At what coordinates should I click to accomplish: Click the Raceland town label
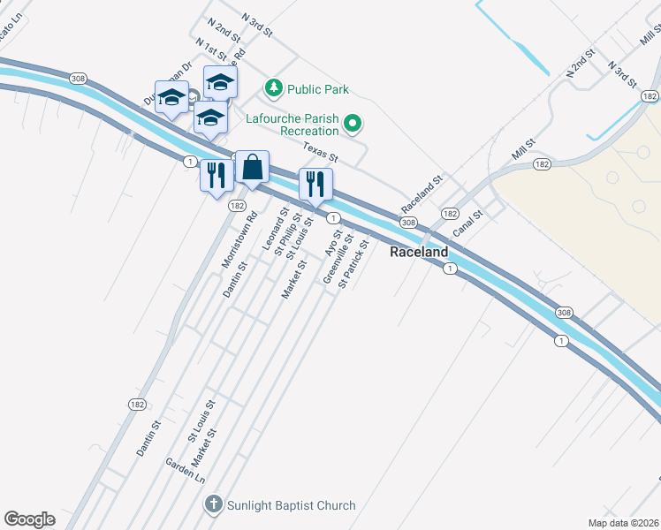click(419, 252)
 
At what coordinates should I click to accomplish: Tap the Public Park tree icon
click(274, 89)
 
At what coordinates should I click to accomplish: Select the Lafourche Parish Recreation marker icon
click(353, 123)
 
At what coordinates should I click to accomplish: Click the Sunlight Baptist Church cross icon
click(212, 505)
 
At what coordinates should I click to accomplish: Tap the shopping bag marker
click(252, 166)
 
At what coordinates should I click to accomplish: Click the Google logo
click(29, 519)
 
